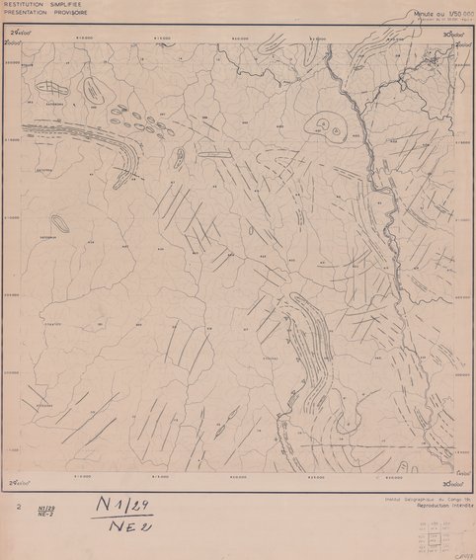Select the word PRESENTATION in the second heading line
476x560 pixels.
click(20, 13)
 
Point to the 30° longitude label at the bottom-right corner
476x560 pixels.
click(454, 483)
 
